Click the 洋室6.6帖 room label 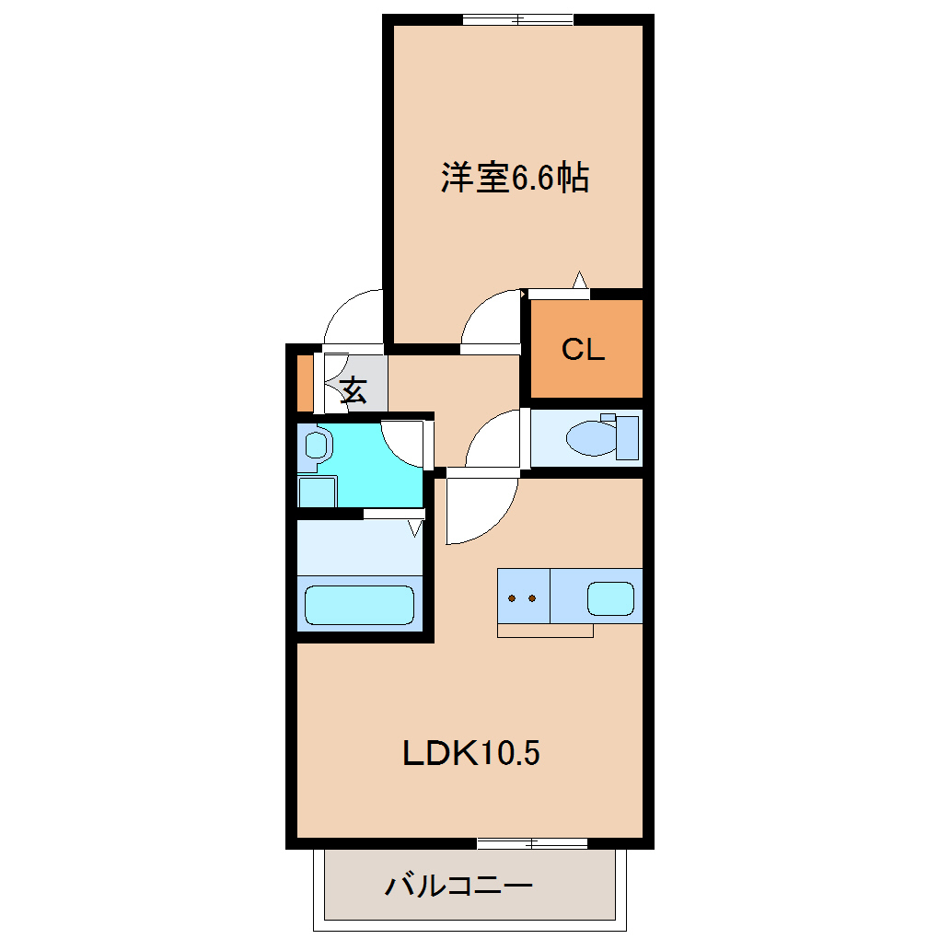click(515, 178)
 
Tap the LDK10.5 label click(471, 753)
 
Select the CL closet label click(584, 349)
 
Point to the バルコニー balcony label click(458, 885)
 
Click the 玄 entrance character click(354, 389)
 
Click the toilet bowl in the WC click(592, 438)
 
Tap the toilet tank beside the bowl click(627, 438)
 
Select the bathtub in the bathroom click(359, 605)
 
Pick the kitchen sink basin click(610, 598)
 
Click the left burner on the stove click(512, 598)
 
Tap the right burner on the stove click(532, 598)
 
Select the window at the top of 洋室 click(518, 19)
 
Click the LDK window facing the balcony click(532, 844)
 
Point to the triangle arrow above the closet click(579, 280)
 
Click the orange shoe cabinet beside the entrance click(306, 383)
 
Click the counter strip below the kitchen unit click(545, 631)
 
